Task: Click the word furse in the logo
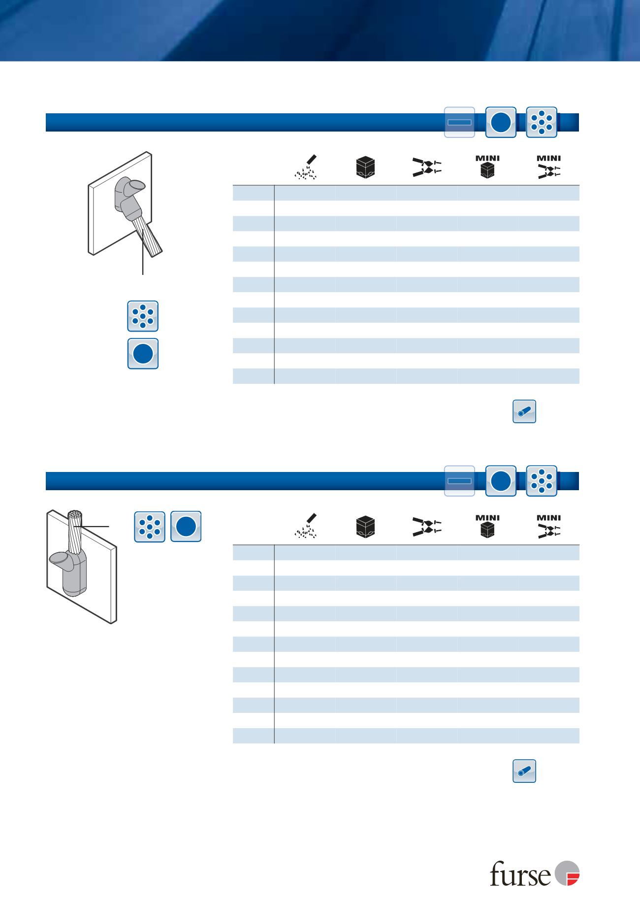pyautogui.click(x=521, y=875)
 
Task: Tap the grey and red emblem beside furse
pyautogui.click(x=567, y=874)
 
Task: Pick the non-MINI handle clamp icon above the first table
pyautogui.click(x=427, y=168)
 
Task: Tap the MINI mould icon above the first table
pyautogui.click(x=487, y=167)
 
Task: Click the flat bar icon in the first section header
pyautogui.click(x=460, y=122)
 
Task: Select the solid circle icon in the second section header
pyautogui.click(x=501, y=481)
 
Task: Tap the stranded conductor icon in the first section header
pyautogui.click(x=542, y=122)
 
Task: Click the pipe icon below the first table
pyautogui.click(x=524, y=411)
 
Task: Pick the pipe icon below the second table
pyautogui.click(x=524, y=771)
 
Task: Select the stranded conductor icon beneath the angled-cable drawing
pyautogui.click(x=143, y=316)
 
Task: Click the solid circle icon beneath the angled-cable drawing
pyautogui.click(x=143, y=354)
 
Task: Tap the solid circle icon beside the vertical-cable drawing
pyautogui.click(x=186, y=527)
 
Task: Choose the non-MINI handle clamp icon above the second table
pyautogui.click(x=427, y=527)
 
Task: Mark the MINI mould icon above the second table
pyautogui.click(x=487, y=526)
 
